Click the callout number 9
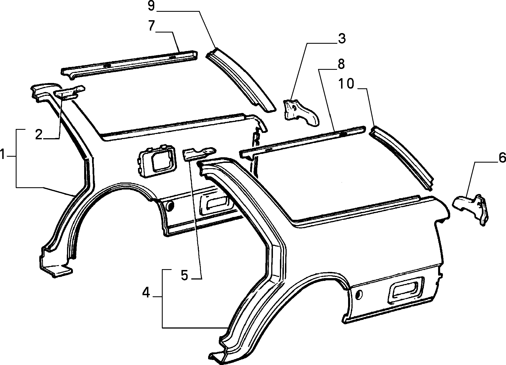(151, 6)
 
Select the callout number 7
(151, 26)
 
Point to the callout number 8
(341, 64)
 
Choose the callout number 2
(39, 135)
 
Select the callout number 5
(184, 275)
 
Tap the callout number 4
(146, 293)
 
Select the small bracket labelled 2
(69, 92)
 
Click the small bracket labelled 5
(199, 154)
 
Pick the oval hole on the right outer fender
(359, 294)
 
